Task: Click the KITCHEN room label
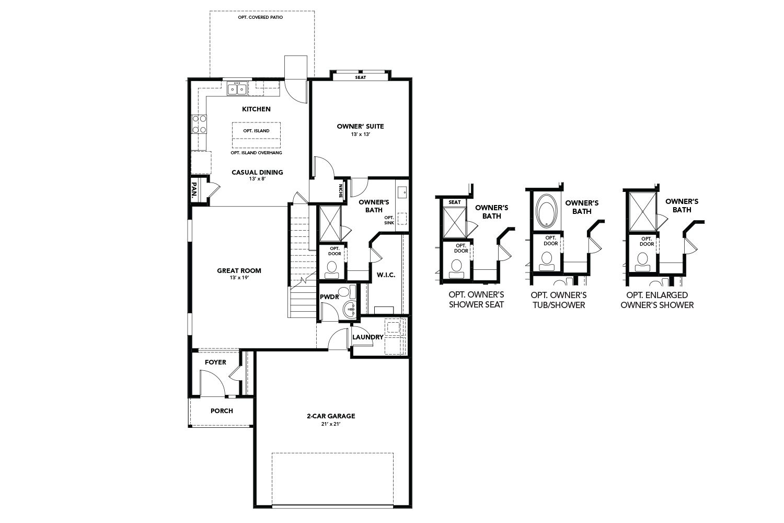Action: [256, 109]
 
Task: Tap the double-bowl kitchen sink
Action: [237, 89]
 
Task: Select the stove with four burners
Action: [199, 123]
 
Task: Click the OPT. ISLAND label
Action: [256, 131]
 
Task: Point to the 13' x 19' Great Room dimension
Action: [239, 278]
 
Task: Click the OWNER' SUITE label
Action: [360, 126]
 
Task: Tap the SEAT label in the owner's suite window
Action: [360, 77]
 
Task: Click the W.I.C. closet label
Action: [386, 275]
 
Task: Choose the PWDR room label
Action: [330, 297]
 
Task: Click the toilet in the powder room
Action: [343, 292]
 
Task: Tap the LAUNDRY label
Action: [367, 337]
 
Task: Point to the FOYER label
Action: [215, 362]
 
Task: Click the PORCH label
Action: [222, 411]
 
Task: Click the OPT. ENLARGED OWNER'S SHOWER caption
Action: [656, 300]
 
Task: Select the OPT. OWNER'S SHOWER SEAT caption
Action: [476, 300]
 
